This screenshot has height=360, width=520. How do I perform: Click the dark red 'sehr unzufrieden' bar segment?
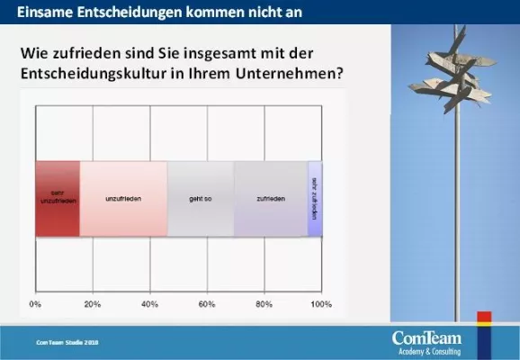57,198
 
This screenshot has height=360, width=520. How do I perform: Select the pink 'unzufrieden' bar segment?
123,198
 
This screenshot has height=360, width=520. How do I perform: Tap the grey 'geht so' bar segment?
201,198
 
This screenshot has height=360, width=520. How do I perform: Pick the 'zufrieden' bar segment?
271,198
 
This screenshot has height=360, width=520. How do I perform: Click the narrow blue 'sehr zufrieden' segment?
315,198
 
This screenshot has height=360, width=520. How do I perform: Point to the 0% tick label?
35,304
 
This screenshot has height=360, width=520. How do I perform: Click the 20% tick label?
92,304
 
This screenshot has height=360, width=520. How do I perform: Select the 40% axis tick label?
149,304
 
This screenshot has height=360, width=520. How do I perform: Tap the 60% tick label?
206,304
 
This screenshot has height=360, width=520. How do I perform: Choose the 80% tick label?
264,304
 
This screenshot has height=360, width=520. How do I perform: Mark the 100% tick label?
320,304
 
